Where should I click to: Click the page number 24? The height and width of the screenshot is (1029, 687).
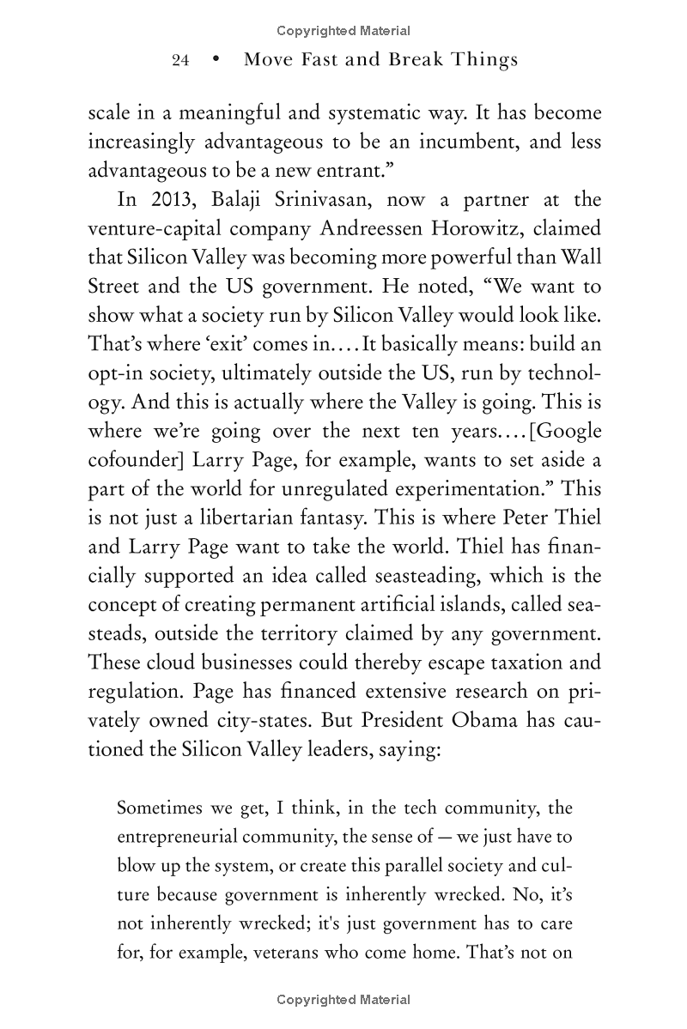pyautogui.click(x=180, y=60)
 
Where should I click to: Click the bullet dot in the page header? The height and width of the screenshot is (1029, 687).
pyautogui.click(x=215, y=60)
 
